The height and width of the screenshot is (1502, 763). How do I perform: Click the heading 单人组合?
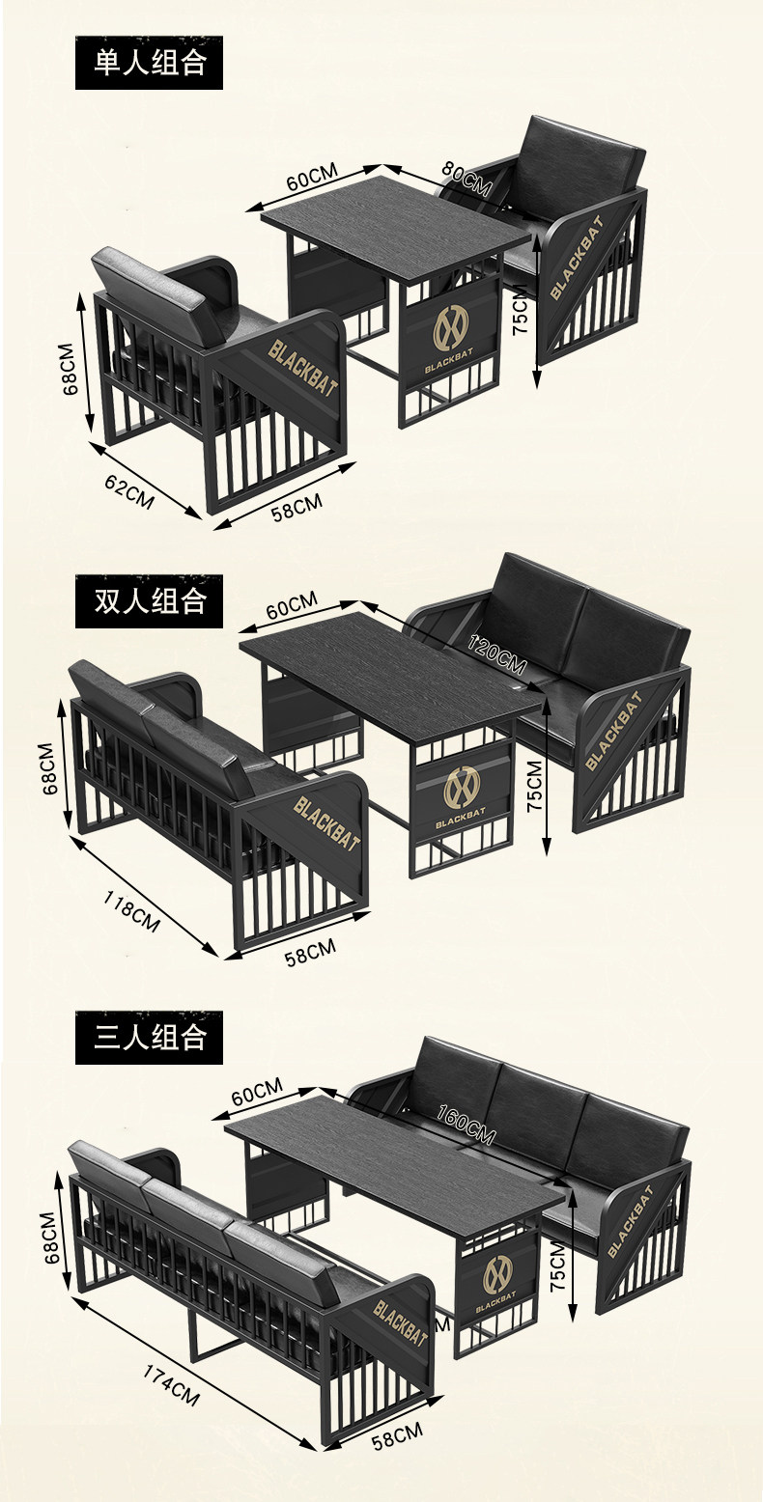point(150,63)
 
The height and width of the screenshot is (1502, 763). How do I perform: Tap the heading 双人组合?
point(150,601)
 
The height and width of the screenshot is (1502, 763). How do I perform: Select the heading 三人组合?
point(150,1038)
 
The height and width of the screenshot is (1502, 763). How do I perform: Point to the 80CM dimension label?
point(466,177)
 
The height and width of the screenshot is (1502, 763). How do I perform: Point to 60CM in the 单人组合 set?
point(312,181)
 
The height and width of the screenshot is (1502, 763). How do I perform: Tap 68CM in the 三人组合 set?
point(51,1238)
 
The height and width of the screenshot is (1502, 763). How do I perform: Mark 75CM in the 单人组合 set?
point(521,315)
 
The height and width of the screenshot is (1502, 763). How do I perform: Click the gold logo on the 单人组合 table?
point(450,328)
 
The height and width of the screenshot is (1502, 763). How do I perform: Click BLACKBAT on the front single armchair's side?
point(303,367)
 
